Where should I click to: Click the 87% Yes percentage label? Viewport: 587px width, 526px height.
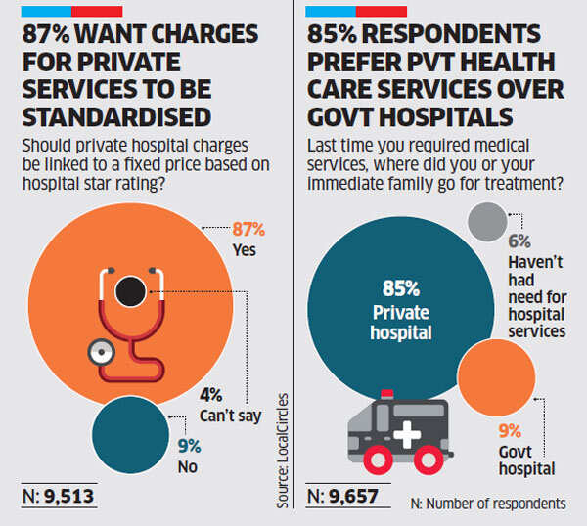[x=248, y=230]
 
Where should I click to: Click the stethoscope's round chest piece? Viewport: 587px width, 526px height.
[x=98, y=352]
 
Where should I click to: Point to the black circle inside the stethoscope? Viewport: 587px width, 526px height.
[x=130, y=290]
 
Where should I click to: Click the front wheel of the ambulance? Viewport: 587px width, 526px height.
[x=377, y=456]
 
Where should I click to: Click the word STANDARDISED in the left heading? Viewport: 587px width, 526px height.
[x=115, y=117]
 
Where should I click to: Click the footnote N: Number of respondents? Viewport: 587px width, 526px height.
[x=488, y=503]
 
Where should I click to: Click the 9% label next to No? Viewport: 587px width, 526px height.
[x=190, y=447]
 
